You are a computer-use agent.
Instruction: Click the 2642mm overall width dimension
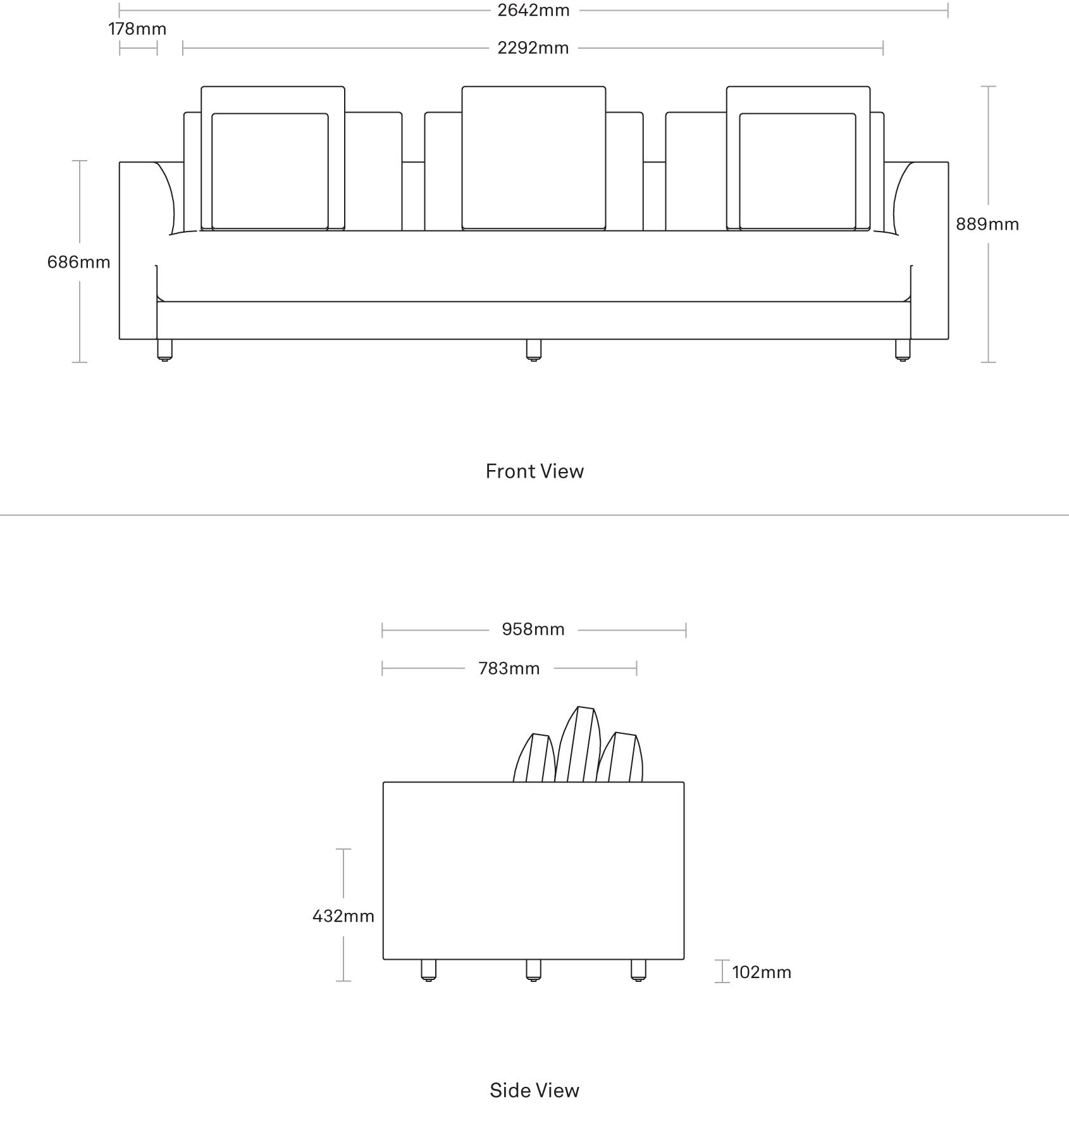(x=533, y=10)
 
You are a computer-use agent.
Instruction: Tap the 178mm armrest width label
(x=137, y=29)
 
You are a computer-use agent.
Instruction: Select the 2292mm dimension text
(x=533, y=48)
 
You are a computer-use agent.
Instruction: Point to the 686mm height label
(x=78, y=262)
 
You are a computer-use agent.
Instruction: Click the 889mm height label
(x=987, y=224)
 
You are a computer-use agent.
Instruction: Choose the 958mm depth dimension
(x=533, y=630)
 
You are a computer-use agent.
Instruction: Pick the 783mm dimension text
(x=509, y=669)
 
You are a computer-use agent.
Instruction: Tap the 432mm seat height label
(x=343, y=916)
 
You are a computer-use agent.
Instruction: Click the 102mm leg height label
(x=762, y=972)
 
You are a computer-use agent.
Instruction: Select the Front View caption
(x=534, y=471)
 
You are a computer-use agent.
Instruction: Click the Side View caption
(x=534, y=1090)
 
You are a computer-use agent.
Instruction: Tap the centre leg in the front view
(x=534, y=350)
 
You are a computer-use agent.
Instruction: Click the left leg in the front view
(x=164, y=350)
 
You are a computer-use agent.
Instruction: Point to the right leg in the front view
(x=903, y=350)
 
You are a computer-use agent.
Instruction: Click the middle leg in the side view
(x=534, y=971)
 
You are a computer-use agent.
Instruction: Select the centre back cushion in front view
(x=534, y=158)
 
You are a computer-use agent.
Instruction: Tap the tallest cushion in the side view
(x=578, y=745)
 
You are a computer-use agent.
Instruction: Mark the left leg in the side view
(x=429, y=971)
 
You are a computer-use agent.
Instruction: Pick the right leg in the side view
(x=639, y=971)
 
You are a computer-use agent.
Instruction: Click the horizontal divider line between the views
(x=534, y=515)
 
